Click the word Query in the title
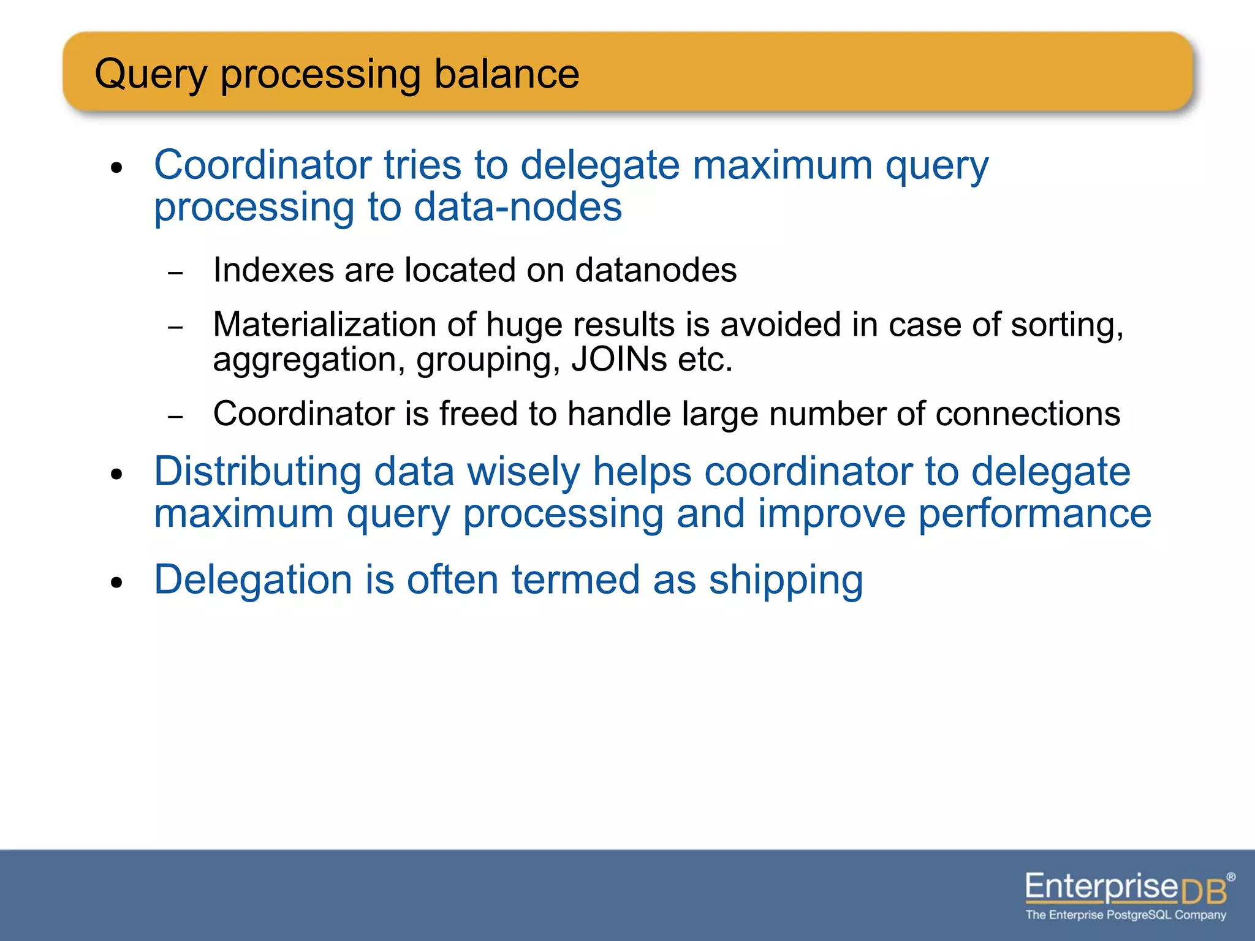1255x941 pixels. [x=151, y=75]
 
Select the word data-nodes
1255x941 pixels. [x=518, y=207]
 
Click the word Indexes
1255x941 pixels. [x=273, y=270]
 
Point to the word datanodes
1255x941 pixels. [x=656, y=270]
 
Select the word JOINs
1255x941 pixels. [x=619, y=360]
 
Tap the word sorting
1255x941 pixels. [x=1066, y=325]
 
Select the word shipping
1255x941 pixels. [x=786, y=581]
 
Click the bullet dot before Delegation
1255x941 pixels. [x=117, y=583]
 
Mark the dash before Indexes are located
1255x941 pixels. [x=175, y=273]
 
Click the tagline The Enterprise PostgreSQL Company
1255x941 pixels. [x=1126, y=915]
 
